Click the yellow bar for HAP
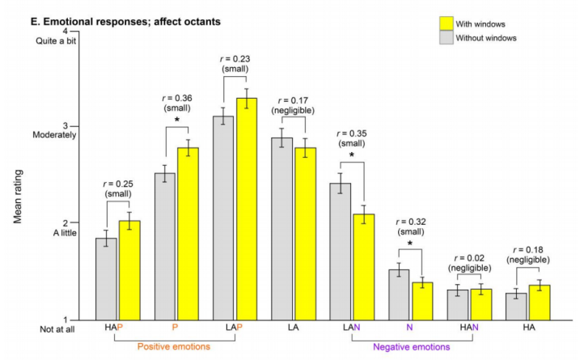click(129, 270)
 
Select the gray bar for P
click(165, 246)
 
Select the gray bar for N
click(399, 294)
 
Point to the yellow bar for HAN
click(480, 303)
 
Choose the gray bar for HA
click(517, 306)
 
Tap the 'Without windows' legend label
click(486, 37)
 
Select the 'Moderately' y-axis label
click(54, 135)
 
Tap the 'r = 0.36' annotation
click(176, 100)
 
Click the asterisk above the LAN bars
click(353, 155)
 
